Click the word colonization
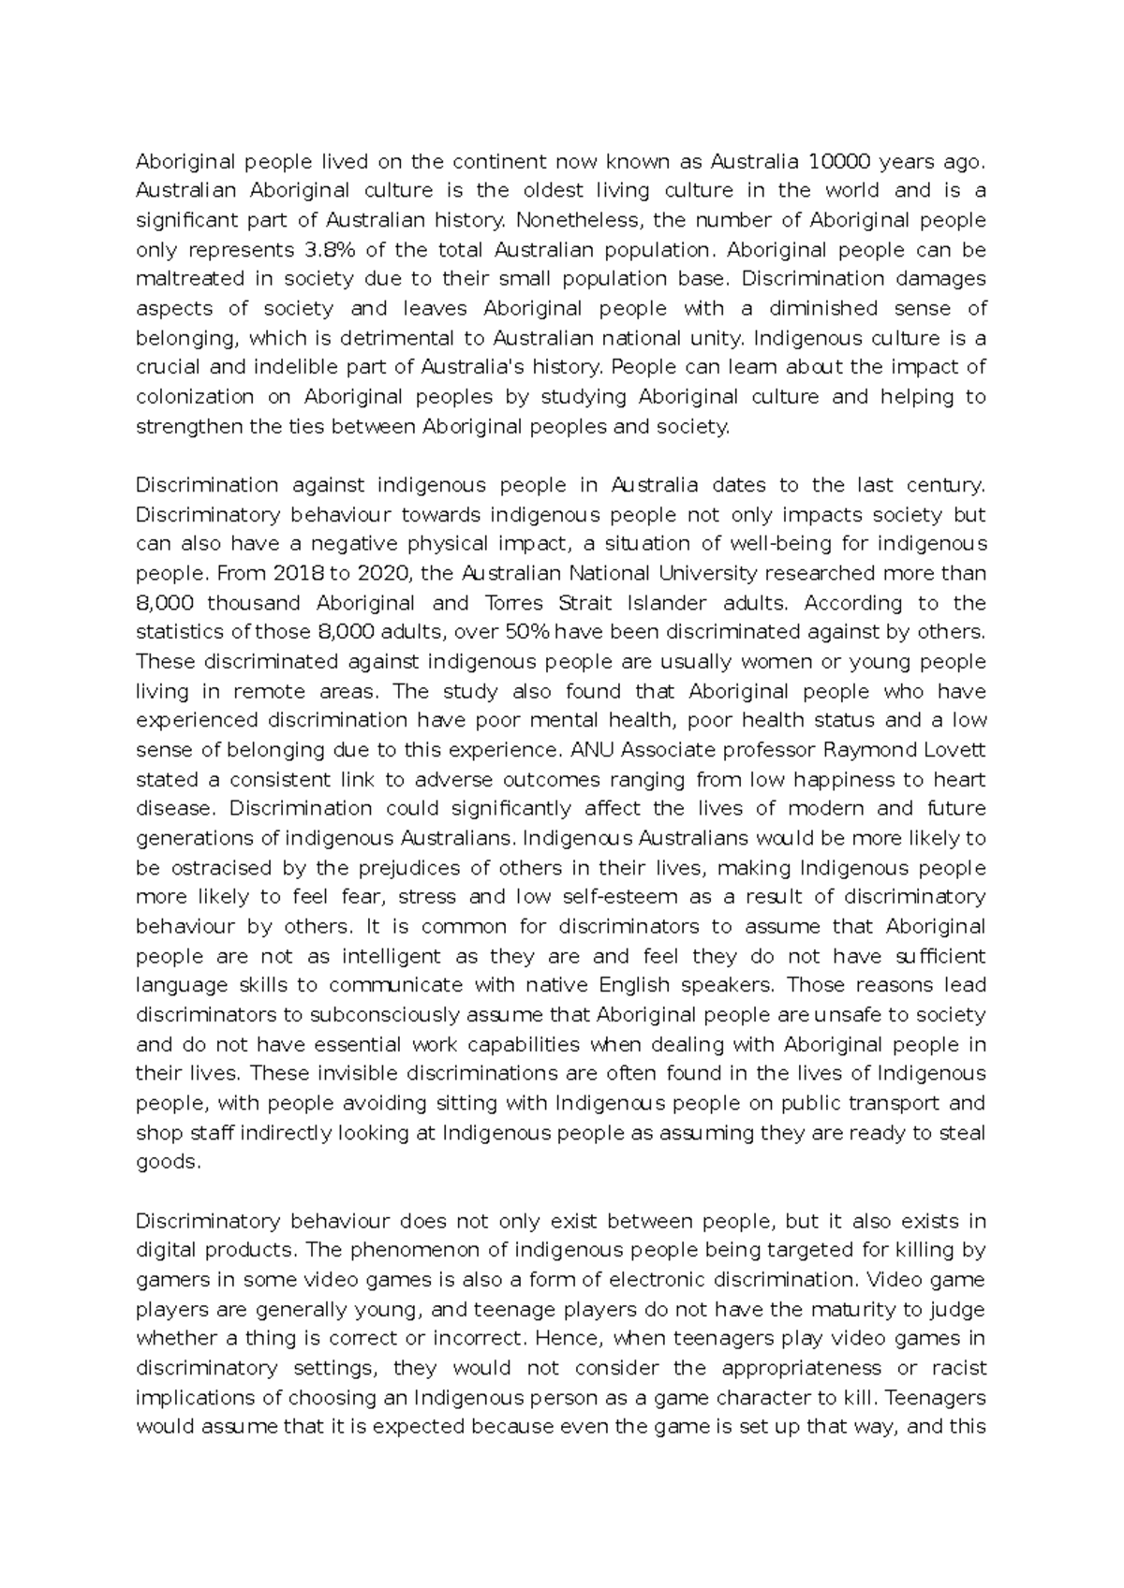[x=195, y=397]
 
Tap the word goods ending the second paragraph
[x=169, y=1162]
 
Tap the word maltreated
[x=191, y=279]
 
